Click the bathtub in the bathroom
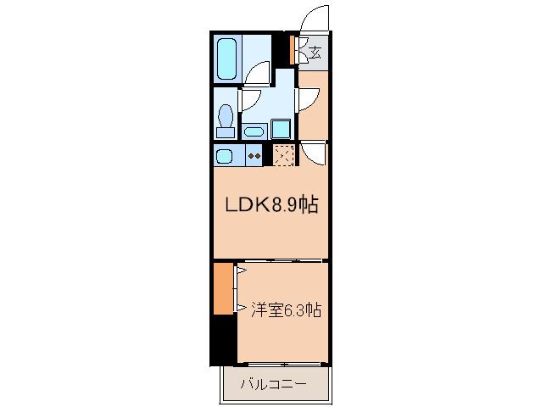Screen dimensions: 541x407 coord(227,59)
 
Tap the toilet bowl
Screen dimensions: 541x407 coord(226,115)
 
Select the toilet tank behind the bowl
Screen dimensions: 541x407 coord(226,132)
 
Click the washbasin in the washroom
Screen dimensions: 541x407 coord(254,131)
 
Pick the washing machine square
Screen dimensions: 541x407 coord(281,129)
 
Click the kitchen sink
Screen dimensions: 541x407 coord(224,156)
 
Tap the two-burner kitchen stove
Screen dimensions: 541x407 coord(254,155)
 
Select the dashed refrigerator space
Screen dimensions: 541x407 coord(283,155)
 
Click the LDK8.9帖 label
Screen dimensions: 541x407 coord(271,204)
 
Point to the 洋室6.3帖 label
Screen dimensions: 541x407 coord(286,309)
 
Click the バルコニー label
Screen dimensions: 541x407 coord(273,384)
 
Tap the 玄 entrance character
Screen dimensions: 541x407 coord(315,53)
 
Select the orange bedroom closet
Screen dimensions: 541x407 coord(223,289)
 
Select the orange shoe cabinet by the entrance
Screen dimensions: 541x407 coord(292,50)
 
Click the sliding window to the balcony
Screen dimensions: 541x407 coord(283,364)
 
